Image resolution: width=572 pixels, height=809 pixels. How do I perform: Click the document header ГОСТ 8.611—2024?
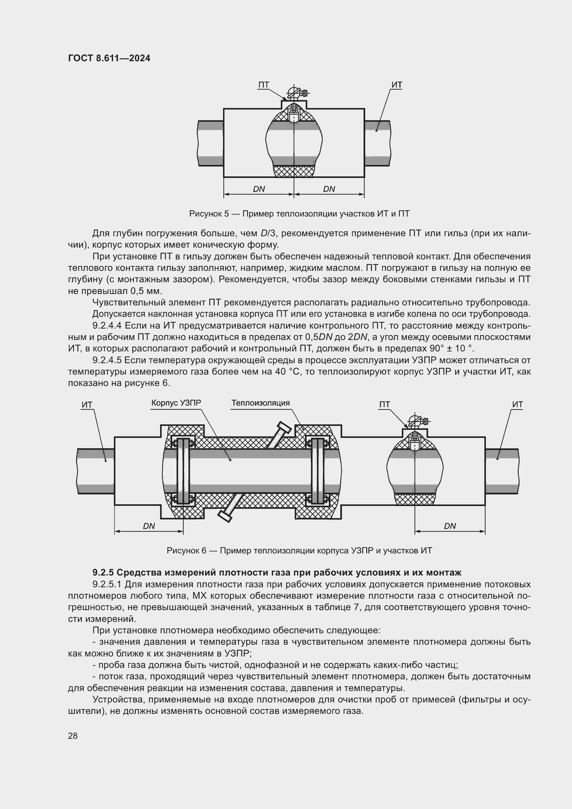(109, 58)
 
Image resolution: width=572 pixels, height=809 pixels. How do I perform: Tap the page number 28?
(73, 736)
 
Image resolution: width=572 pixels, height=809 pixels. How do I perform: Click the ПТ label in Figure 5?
(264, 85)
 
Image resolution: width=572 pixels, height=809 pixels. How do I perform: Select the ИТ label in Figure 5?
(397, 85)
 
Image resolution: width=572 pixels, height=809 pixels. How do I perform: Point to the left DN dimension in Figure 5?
(259, 189)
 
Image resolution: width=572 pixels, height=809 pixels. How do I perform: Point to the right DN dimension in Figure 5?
(329, 189)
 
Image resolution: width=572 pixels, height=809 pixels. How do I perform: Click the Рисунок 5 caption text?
(299, 213)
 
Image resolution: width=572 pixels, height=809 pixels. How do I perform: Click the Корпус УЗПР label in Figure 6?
(176, 403)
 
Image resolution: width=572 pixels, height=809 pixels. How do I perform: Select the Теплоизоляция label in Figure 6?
(260, 403)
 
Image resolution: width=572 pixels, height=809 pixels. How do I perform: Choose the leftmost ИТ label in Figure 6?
(87, 405)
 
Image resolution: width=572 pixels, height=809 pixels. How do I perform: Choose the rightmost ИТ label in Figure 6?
(517, 405)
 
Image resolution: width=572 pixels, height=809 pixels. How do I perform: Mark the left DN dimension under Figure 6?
(149, 526)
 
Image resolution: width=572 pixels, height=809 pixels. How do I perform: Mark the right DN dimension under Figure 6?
(450, 526)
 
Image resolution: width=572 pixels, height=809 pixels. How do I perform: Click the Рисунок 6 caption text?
(299, 550)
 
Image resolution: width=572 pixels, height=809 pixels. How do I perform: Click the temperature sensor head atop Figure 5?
(293, 93)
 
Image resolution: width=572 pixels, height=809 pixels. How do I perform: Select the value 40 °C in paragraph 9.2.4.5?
(288, 372)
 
